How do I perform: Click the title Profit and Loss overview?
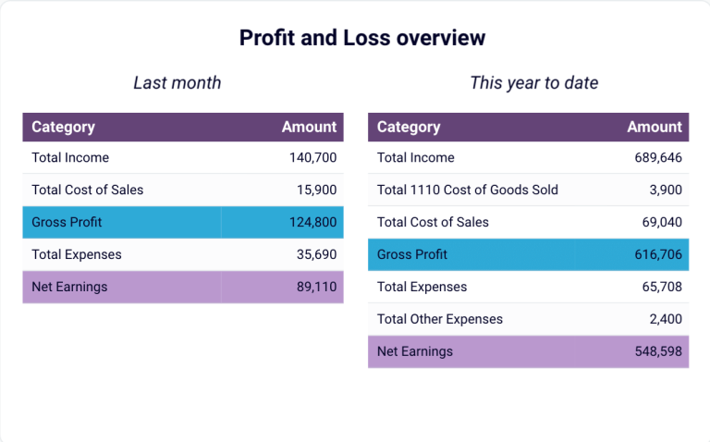(x=362, y=38)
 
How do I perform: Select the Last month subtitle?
(x=177, y=83)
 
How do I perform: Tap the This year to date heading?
(x=533, y=83)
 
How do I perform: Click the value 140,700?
(x=312, y=158)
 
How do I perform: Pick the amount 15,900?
(x=316, y=190)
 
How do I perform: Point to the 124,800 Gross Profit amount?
(x=312, y=223)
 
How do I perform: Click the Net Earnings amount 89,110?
(x=316, y=287)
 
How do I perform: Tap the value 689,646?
(x=658, y=158)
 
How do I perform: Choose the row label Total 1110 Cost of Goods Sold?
(x=467, y=190)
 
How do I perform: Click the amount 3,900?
(x=666, y=190)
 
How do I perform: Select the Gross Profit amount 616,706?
(x=658, y=254)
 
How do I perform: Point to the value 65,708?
(x=662, y=287)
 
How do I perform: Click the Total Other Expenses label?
(x=440, y=319)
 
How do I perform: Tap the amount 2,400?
(x=666, y=319)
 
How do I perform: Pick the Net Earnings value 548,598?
(x=658, y=351)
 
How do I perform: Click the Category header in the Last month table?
(x=63, y=128)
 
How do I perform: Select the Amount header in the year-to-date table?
(x=655, y=128)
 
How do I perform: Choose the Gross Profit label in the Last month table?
(x=67, y=223)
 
